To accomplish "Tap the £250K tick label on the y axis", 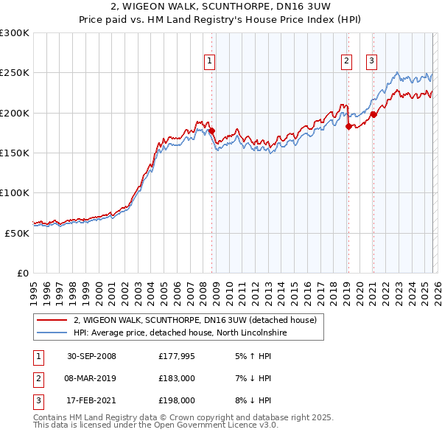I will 15,73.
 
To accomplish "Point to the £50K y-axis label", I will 18,232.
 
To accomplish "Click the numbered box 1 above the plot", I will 210,61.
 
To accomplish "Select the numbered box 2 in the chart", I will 346,61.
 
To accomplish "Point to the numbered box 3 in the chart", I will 371,61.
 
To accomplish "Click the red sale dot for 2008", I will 211,131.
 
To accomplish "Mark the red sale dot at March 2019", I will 348,126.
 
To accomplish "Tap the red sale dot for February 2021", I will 373,114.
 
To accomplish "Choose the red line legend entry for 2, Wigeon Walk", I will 194,320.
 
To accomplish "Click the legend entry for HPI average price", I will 180,333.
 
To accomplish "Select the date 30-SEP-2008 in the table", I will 91,356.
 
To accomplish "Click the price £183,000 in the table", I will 176,378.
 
